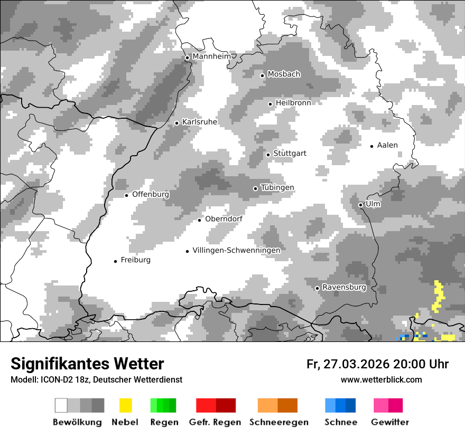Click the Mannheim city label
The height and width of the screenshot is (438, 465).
[x=213, y=56]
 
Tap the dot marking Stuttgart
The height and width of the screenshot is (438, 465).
[x=268, y=155]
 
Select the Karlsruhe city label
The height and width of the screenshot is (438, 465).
[x=200, y=122]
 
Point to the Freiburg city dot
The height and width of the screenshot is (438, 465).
[x=115, y=261]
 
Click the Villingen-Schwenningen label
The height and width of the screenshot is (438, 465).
[x=236, y=250]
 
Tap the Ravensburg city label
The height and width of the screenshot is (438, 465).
[x=344, y=287]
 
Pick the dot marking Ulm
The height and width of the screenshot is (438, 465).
[x=360, y=205]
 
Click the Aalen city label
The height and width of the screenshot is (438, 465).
[x=387, y=145]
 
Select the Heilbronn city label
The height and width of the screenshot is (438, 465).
[x=293, y=103]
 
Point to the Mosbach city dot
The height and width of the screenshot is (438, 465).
[x=262, y=75]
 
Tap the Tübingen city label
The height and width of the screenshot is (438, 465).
[x=277, y=188]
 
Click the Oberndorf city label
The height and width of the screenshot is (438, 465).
[x=224, y=219]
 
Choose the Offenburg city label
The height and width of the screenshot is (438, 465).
[x=151, y=194]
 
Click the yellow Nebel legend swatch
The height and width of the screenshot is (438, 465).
[x=125, y=405]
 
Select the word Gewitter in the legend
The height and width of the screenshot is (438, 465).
[x=390, y=422]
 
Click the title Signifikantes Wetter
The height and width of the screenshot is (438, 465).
[x=87, y=364]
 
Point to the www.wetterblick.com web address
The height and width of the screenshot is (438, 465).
[x=381, y=379]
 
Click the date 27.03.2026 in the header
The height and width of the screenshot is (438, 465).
[x=357, y=364]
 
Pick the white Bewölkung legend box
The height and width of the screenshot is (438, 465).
[x=61, y=405]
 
